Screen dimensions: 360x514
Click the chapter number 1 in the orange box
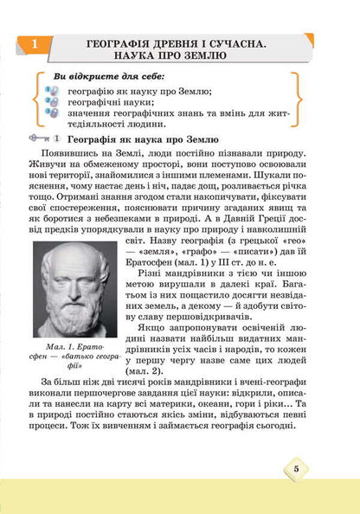tap(33, 43)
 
